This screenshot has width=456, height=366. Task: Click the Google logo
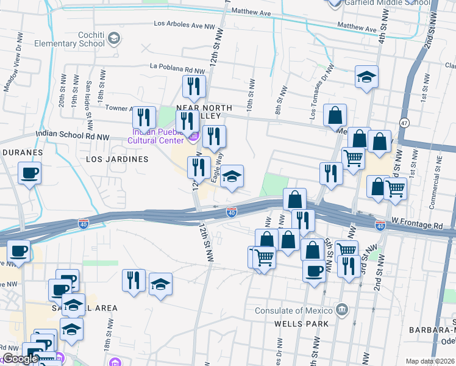click(x=20, y=359)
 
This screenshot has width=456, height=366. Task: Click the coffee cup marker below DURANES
click(x=29, y=174)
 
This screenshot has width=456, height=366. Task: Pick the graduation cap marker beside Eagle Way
click(x=232, y=177)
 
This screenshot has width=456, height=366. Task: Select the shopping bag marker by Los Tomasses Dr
click(x=335, y=115)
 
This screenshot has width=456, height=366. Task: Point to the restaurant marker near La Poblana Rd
click(x=194, y=87)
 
